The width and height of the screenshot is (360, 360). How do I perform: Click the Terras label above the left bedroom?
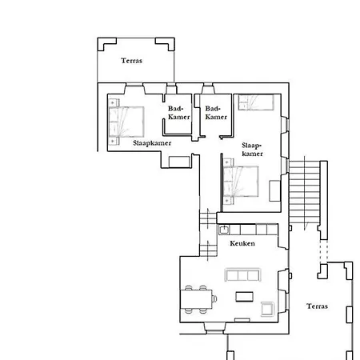tap(131, 61)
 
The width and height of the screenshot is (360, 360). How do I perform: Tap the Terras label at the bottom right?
tap(317, 306)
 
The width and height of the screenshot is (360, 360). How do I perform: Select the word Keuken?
tap(242, 243)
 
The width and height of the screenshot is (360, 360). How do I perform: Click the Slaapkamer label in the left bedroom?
tap(152, 143)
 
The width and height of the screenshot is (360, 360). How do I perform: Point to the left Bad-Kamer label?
tap(179, 113)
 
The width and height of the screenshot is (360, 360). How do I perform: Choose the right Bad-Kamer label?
tap(216, 113)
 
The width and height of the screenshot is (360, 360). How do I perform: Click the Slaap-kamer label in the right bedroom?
tap(252, 150)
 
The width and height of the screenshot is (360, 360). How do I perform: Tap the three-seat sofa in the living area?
tap(242, 274)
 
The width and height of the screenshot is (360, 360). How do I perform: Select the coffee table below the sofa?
tap(245, 297)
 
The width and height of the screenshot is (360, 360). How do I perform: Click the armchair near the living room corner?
tap(267, 309)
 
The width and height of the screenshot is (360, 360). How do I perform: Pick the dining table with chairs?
tap(198, 299)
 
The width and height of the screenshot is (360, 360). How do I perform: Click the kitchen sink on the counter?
tap(224, 230)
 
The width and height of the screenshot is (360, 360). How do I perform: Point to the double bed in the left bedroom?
tap(126, 122)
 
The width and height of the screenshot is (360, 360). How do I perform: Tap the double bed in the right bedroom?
tap(241, 182)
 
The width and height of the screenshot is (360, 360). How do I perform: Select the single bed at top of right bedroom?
tap(256, 102)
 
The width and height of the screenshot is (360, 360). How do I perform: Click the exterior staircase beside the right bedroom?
tap(305, 192)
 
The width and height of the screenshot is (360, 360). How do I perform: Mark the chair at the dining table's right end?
tap(214, 299)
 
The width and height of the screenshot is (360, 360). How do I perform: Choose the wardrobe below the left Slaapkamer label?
tap(179, 162)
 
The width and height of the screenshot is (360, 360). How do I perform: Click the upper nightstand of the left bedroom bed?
tap(114, 102)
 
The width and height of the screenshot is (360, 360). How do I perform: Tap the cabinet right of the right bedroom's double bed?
tap(274, 190)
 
